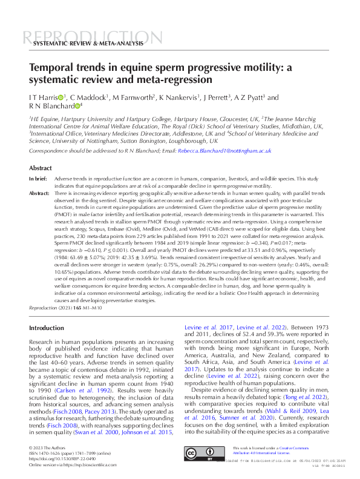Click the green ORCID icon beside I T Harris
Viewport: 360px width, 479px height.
(x=61, y=97)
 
